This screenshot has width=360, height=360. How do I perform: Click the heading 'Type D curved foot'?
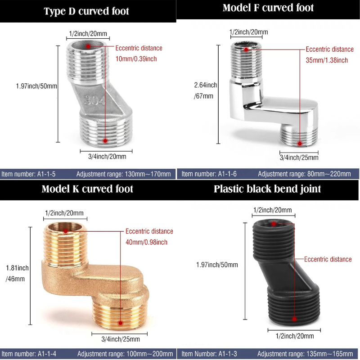click(86, 11)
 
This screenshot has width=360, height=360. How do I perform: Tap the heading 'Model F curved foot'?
click(268, 8)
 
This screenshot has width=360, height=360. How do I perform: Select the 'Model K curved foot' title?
click(87, 189)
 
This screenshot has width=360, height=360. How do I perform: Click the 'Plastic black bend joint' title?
click(268, 189)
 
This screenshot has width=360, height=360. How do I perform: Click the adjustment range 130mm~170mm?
click(123, 174)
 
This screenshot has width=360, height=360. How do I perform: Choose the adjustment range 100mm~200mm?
click(125, 354)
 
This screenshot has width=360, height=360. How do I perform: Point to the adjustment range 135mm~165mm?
click(305, 354)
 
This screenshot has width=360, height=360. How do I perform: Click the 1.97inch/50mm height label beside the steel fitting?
click(36, 86)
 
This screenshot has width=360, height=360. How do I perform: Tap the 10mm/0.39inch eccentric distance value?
click(135, 59)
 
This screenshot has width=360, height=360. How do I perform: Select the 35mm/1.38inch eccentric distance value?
click(327, 60)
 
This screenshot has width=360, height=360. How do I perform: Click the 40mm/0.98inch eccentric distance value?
click(147, 242)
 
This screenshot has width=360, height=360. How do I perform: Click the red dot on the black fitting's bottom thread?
click(294, 319)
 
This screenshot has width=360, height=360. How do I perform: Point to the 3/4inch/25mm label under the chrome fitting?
click(299, 157)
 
